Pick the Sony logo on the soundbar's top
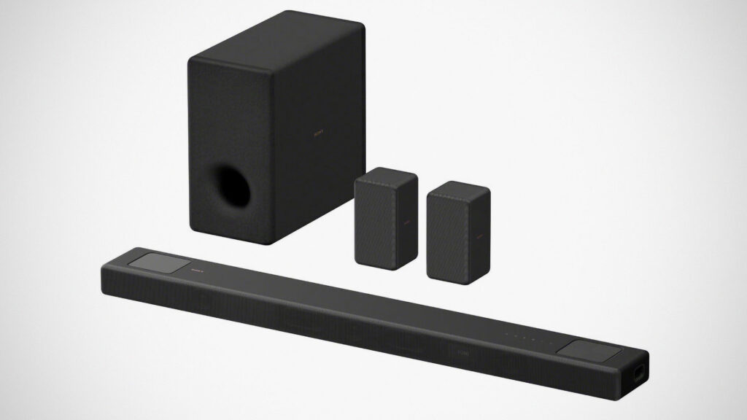(x=196, y=269)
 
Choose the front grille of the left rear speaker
(x=376, y=222)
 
